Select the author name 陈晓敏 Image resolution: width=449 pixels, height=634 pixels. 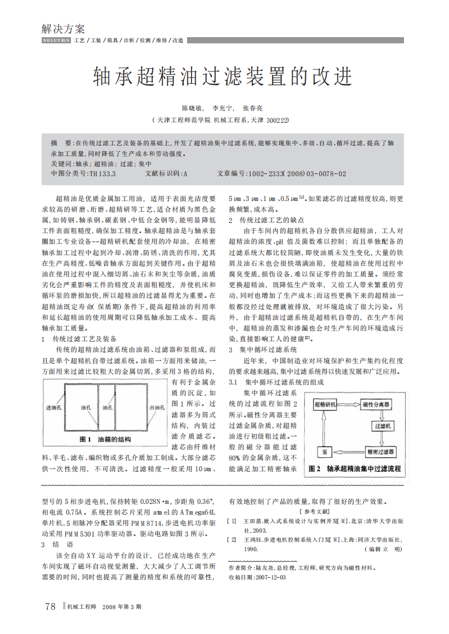192,108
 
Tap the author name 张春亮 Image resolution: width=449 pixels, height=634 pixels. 252,108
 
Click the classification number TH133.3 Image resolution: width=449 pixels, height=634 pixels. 103,174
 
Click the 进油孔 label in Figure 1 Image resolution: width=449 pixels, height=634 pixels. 55,407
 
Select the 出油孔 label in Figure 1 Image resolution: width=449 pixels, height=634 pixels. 157,407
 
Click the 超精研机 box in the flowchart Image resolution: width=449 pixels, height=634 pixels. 325,404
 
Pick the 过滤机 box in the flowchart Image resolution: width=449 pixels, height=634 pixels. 385,426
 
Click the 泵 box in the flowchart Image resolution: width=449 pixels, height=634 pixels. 324,452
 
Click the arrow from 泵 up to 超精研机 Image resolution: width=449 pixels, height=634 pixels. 323,428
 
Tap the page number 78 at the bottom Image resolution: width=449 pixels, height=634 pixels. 50,606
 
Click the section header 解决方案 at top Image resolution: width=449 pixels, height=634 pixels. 63,29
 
